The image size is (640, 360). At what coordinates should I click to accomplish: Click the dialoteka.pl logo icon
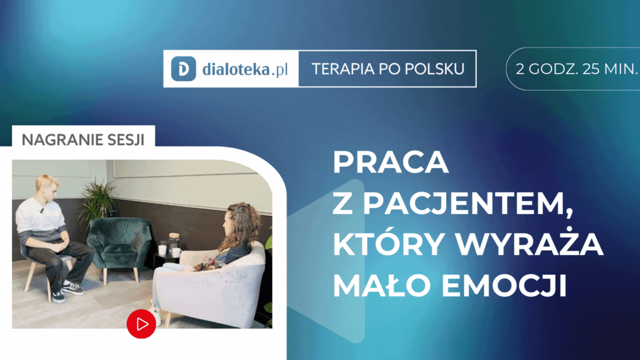coord(183,69)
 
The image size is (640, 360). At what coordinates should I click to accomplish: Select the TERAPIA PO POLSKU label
coord(387,69)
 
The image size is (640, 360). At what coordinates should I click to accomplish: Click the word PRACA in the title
coord(390,162)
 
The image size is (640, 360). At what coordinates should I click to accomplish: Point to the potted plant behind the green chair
coord(98,200)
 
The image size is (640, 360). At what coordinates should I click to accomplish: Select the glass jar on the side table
coord(173,244)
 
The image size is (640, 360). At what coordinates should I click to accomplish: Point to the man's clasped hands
coord(58,246)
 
